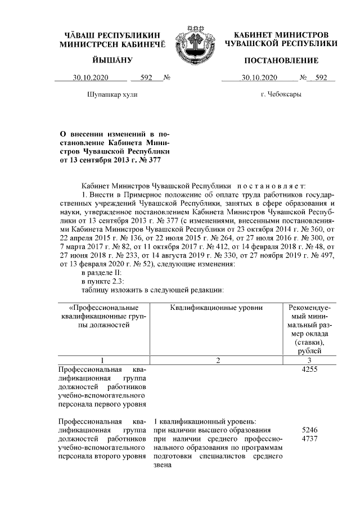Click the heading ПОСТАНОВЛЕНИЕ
tap(281, 60)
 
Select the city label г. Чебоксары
tap(281, 94)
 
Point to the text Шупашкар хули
tap(112, 94)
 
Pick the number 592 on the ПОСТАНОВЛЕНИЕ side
tap(321, 78)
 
